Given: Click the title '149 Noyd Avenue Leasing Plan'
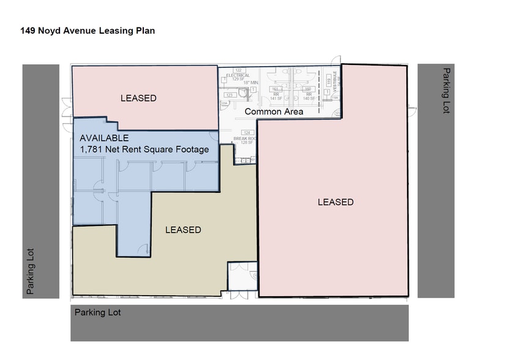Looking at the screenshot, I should (88, 30).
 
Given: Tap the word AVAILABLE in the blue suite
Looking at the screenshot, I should (104, 138).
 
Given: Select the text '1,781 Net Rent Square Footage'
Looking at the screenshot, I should (144, 149).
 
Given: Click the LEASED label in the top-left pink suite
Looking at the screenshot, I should (138, 98).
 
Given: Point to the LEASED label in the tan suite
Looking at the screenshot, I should (183, 230).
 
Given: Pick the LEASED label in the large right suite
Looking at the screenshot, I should (335, 202).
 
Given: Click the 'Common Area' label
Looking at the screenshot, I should (274, 111).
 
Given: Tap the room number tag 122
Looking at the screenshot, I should (239, 70).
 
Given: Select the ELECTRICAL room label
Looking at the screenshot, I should (237, 75).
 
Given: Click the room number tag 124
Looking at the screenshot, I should (247, 133).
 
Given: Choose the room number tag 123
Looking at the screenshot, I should (230, 95).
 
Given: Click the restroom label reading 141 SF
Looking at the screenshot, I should (275, 98).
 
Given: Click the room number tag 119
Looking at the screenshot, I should (329, 80).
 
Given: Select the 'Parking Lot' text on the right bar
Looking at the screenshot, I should (446, 91).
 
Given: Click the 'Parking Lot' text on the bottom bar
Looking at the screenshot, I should (98, 312).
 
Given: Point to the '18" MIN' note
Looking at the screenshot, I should (251, 82).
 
